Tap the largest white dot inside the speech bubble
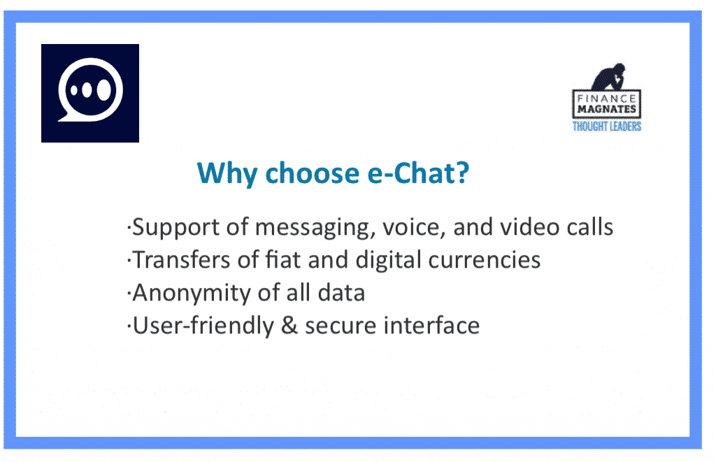pyautogui.click(x=103, y=89)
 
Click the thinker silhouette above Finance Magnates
pyautogui.click(x=609, y=77)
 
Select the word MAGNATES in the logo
pyautogui.click(x=606, y=109)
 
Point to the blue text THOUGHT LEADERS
pyautogui.click(x=607, y=126)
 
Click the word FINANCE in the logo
pyautogui.click(x=606, y=98)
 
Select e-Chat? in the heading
pyautogui.click(x=418, y=173)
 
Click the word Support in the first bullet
pyautogui.click(x=176, y=228)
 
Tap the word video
pyautogui.click(x=530, y=227)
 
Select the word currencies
pyautogui.click(x=484, y=260)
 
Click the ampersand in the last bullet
pyautogui.click(x=289, y=326)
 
